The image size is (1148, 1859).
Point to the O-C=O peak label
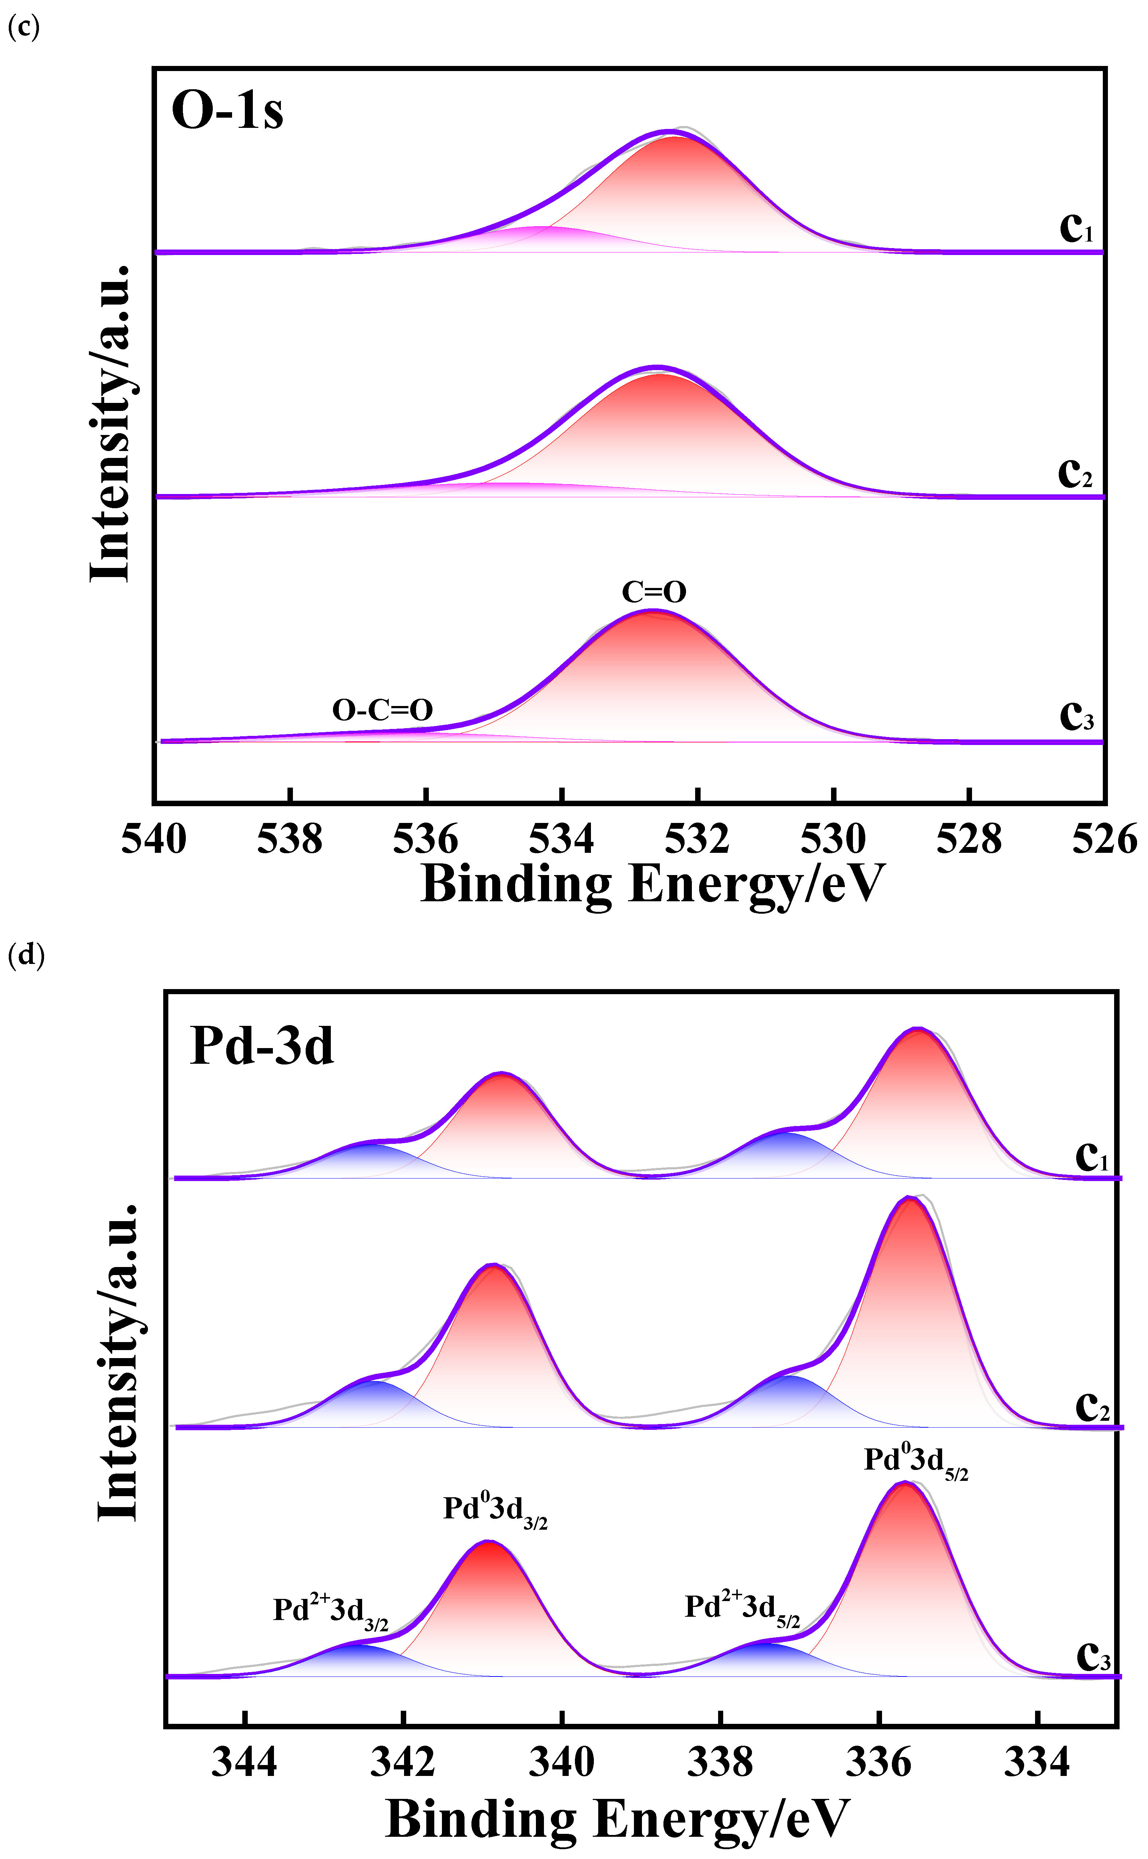[383, 710]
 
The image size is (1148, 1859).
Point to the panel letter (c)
[23, 27]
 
